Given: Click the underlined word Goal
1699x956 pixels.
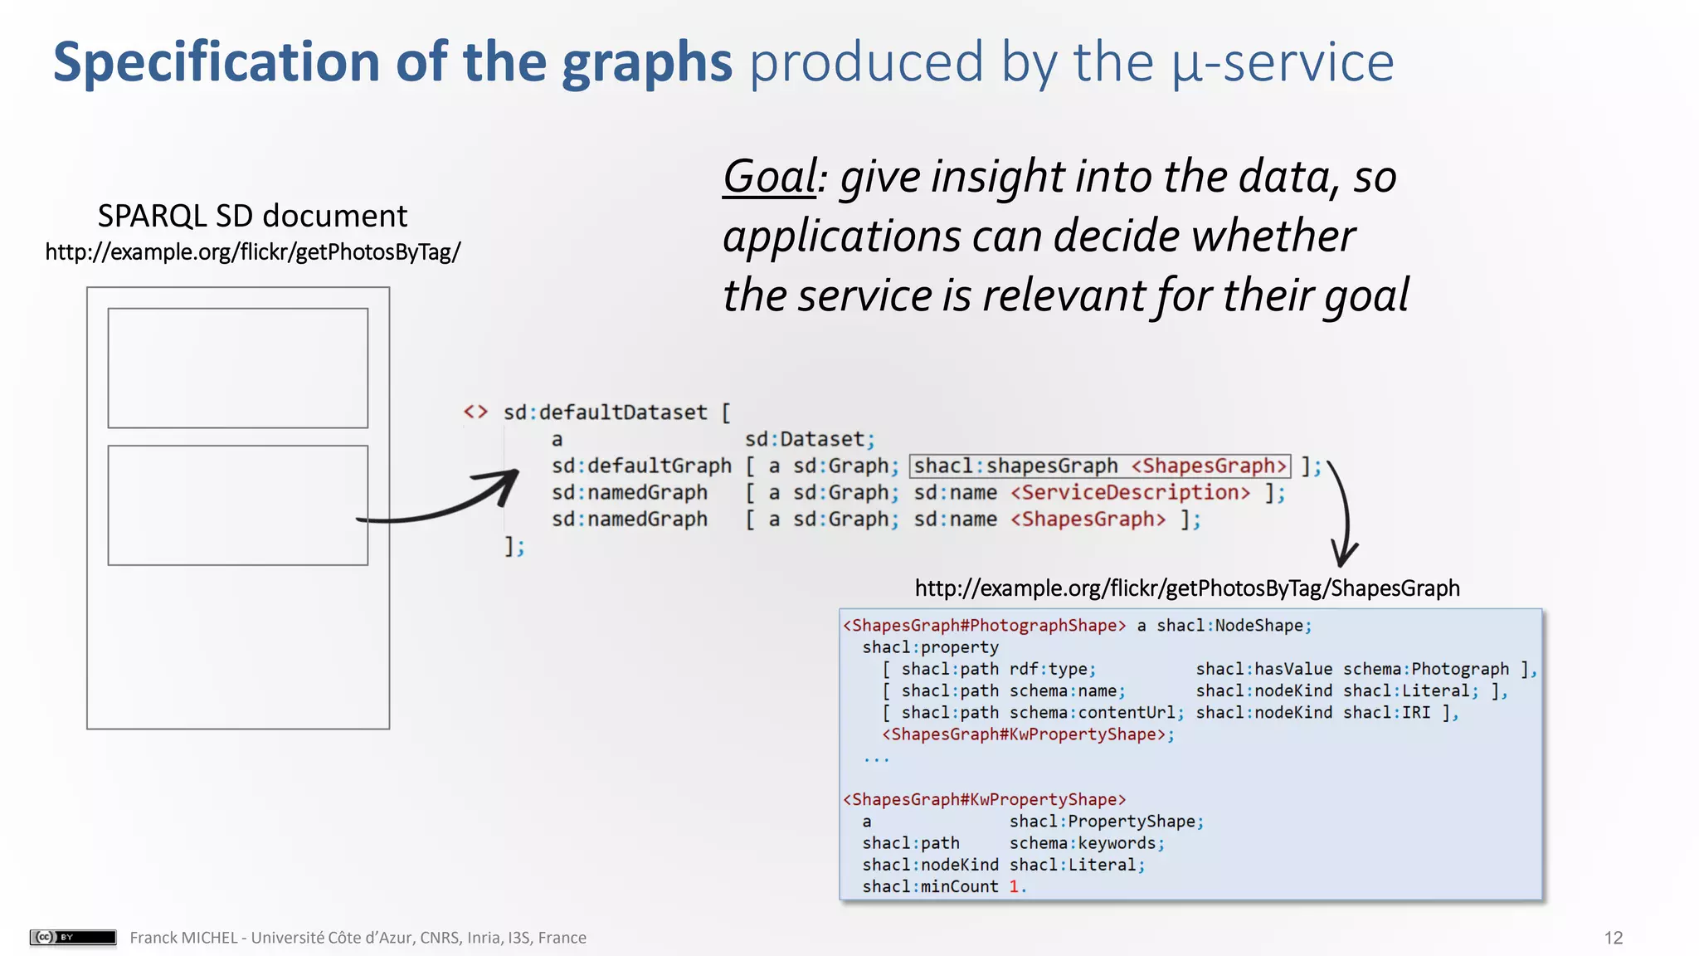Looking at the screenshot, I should point(770,177).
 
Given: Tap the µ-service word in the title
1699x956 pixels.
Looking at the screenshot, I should point(1283,62).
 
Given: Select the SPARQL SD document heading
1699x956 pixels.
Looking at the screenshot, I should point(252,216).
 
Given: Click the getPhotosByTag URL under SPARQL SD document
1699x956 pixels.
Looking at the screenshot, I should point(252,251).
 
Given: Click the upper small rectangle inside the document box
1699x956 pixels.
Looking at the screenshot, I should point(237,368).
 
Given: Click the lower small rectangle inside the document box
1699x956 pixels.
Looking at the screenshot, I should point(237,505).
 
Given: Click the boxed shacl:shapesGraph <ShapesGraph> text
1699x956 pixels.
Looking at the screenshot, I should point(1100,466).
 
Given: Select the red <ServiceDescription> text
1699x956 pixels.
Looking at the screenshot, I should point(1130,493).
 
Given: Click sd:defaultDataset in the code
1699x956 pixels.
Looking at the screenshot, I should point(605,412).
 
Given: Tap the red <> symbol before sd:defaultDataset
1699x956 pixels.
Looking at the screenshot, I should point(475,412).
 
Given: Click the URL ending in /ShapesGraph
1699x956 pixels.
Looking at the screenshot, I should point(1186,588).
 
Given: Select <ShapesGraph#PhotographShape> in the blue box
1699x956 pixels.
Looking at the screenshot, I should point(984,626).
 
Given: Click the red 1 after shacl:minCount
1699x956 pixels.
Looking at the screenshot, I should point(1014,886).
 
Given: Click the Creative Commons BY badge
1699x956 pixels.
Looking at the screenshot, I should point(73,937).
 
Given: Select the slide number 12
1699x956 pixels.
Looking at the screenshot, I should point(1613,938).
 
